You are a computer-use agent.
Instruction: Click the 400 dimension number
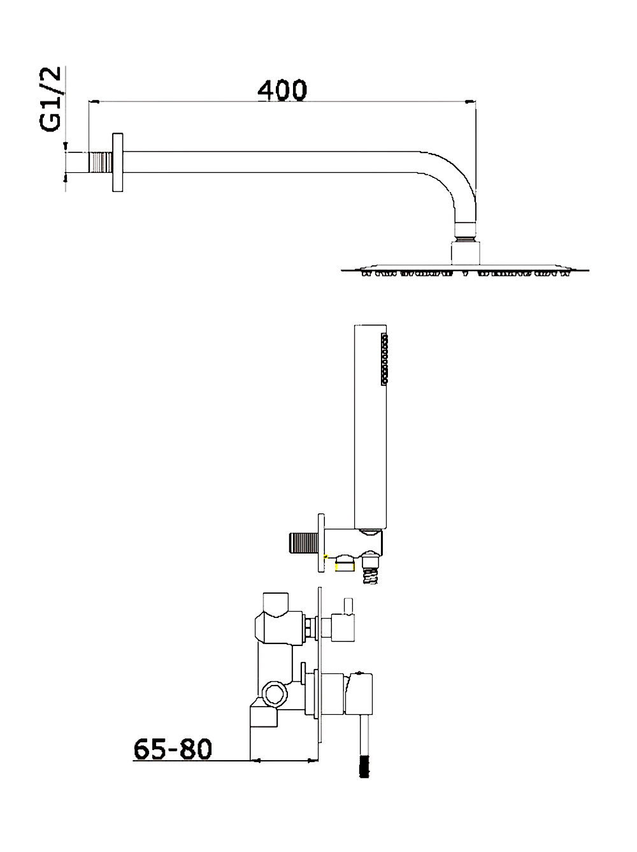pyautogui.click(x=282, y=90)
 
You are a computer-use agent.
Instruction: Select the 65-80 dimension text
pyautogui.click(x=173, y=749)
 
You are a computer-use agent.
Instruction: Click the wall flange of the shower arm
pyautogui.click(x=118, y=163)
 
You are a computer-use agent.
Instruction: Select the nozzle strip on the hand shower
pyautogui.click(x=384, y=358)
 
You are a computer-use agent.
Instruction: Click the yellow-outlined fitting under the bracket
pyautogui.click(x=345, y=564)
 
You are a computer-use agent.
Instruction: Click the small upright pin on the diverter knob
pyautogui.click(x=348, y=606)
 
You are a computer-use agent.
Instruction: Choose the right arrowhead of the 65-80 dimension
pyautogui.click(x=312, y=760)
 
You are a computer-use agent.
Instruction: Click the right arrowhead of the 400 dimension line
pyautogui.click(x=471, y=101)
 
